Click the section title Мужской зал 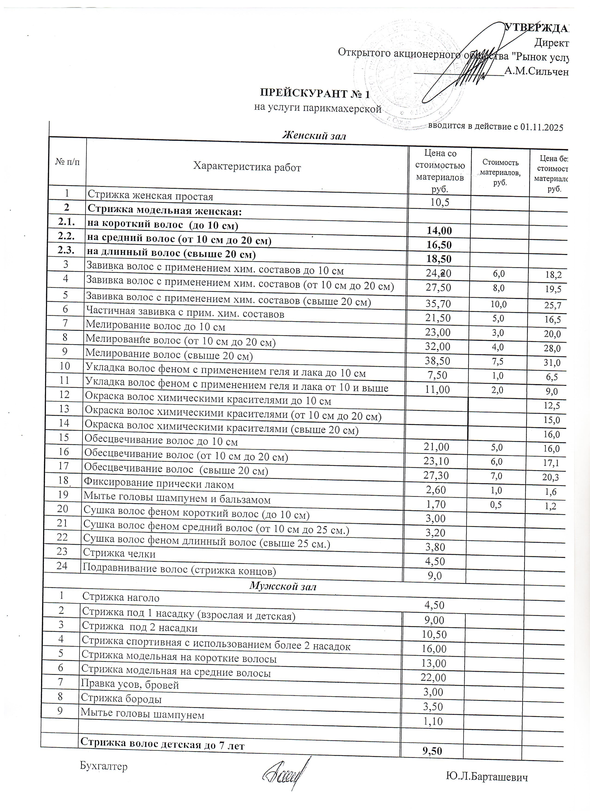click(x=283, y=586)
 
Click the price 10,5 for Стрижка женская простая click(x=439, y=202)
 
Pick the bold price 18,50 click(x=439, y=259)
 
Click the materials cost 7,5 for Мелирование click(x=497, y=362)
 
